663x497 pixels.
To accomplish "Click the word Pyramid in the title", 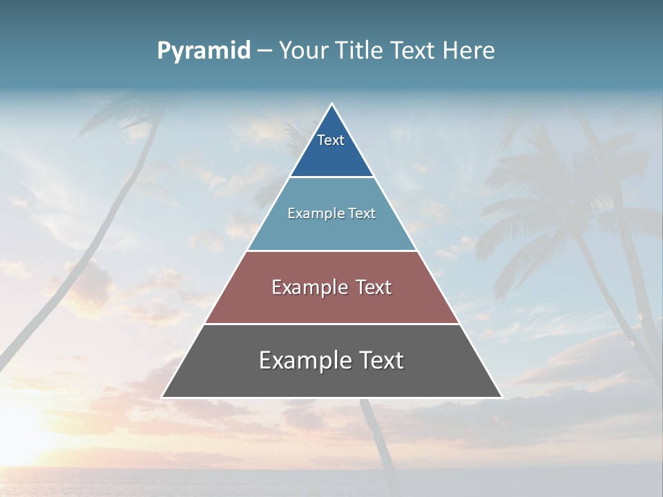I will click(204, 51).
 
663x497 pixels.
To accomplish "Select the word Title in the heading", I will click(359, 51).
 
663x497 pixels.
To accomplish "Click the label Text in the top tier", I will click(331, 140).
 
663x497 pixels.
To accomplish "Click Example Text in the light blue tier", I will click(331, 213).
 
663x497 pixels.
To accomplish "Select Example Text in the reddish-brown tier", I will click(331, 287).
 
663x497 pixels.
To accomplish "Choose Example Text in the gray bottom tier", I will click(331, 360).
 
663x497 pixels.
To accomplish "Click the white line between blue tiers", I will click(331, 177).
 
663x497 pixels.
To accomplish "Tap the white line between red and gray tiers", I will click(331, 324).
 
